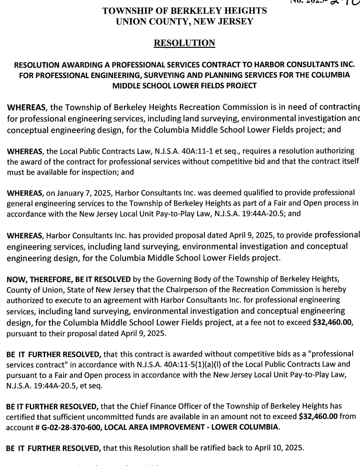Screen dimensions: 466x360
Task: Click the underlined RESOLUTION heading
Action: (x=184, y=43)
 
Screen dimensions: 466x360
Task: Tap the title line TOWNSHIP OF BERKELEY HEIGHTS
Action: (x=185, y=11)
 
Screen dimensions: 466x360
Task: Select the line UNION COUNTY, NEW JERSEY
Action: (x=185, y=21)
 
